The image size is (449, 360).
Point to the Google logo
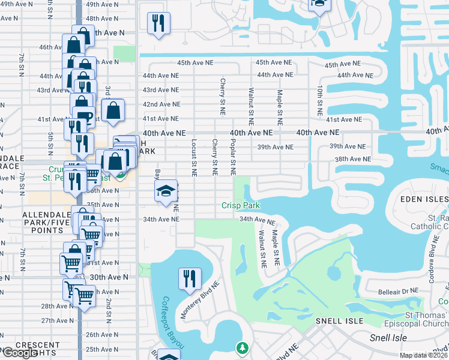click(20, 353)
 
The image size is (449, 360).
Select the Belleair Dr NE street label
click(398, 291)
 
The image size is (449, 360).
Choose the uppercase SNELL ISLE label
click(340, 321)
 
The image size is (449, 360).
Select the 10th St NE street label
click(321, 100)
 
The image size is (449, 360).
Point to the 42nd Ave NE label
click(161, 104)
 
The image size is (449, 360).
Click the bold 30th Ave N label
click(109, 277)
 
